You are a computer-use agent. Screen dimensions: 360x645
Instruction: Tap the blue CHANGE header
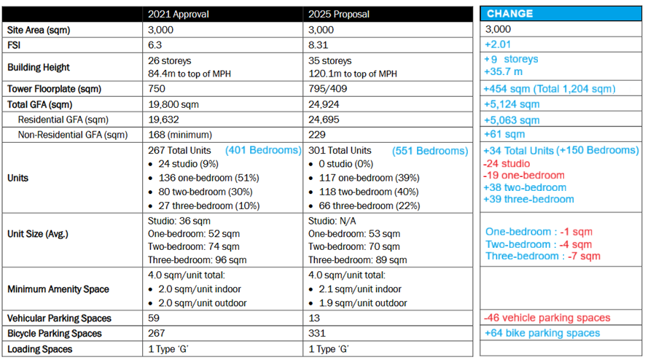pos(509,14)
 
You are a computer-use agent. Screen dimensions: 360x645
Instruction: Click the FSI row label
pos(15,44)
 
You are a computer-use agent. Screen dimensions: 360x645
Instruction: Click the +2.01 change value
pos(499,44)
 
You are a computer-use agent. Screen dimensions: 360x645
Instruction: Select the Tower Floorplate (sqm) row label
pos(54,89)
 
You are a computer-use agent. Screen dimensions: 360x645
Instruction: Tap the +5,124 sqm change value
pos(512,104)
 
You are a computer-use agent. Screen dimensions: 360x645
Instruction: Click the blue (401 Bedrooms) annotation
pos(263,151)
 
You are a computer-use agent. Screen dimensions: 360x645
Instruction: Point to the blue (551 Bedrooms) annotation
pos(430,151)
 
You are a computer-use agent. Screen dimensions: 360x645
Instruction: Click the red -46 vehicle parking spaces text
pos(547,318)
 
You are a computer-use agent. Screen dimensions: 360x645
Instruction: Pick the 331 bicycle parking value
pos(317,334)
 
